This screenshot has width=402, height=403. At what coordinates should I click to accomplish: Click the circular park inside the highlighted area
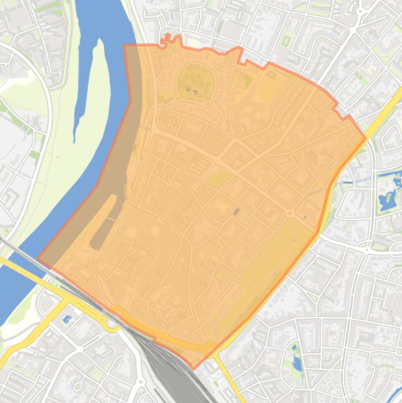(196, 84)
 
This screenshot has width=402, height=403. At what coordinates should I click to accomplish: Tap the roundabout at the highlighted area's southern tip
(211, 348)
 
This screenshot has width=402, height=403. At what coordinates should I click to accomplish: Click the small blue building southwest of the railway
(66, 319)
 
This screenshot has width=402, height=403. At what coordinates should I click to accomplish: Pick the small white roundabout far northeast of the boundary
(360, 10)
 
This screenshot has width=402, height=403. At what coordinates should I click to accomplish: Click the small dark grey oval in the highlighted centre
(236, 211)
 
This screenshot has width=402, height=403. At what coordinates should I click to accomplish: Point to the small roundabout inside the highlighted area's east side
(289, 214)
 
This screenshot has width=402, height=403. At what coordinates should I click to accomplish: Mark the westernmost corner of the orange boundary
(38, 259)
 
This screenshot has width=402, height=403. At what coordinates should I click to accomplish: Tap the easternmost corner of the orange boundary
(365, 139)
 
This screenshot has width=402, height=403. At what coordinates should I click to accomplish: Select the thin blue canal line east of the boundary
(361, 181)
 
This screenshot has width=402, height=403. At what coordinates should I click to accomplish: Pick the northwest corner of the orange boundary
(124, 46)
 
